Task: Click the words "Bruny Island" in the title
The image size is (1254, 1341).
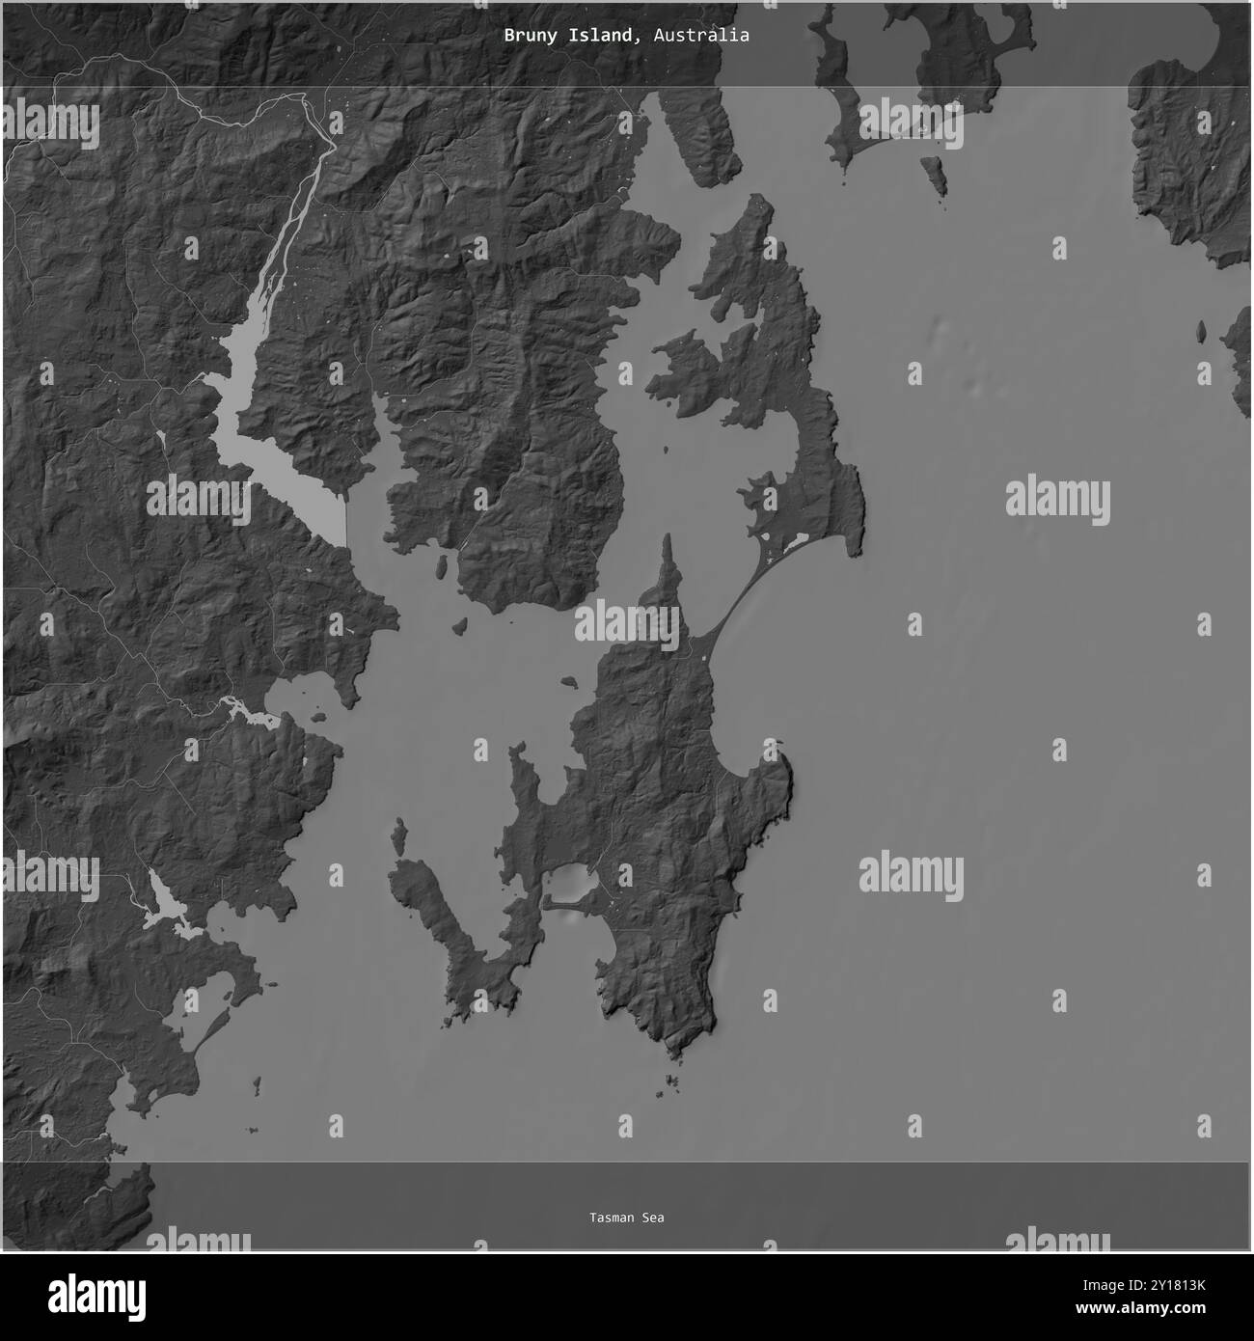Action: pyautogui.click(x=569, y=36)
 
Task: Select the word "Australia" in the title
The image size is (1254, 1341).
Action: pyautogui.click(x=701, y=36)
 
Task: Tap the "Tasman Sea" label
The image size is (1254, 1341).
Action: pyautogui.click(x=627, y=1218)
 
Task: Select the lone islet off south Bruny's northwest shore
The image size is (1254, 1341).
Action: pyautogui.click(x=569, y=682)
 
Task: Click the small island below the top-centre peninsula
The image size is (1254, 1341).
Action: pyautogui.click(x=934, y=175)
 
